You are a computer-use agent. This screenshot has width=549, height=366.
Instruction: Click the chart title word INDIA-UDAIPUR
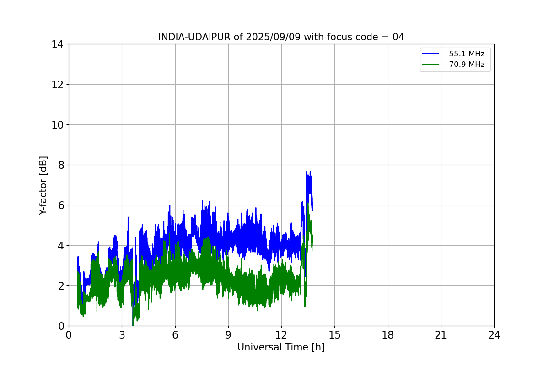coord(194,37)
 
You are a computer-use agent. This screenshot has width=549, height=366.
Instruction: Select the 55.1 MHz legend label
coord(467,54)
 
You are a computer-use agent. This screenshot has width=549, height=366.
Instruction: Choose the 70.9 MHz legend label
coord(467,64)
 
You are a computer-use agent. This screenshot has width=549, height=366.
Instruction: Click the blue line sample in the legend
coord(431,54)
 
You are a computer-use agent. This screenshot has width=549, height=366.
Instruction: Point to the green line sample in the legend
coord(431,65)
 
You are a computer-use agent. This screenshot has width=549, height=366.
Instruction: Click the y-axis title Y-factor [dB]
coord(43,186)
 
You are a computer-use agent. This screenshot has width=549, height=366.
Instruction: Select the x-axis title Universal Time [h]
coord(281,347)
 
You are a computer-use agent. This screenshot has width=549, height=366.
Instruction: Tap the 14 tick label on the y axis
coord(57,45)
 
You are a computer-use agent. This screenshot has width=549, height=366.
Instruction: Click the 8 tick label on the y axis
coord(61,165)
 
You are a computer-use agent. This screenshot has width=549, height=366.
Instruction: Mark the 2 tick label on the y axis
coord(61,286)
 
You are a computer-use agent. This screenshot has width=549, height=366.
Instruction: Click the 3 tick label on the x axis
coord(122,335)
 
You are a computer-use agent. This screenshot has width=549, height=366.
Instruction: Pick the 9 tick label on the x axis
coord(228,335)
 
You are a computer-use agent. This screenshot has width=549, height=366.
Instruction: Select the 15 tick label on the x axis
coord(335,335)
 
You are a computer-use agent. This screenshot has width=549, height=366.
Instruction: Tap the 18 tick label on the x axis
coord(388,335)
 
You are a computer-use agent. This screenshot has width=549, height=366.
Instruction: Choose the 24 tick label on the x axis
coord(495,335)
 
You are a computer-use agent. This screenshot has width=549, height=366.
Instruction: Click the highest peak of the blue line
coord(307,172)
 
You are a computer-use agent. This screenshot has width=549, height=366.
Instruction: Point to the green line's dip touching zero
coord(133,325)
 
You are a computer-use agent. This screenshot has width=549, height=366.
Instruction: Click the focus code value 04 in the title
coord(398,37)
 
